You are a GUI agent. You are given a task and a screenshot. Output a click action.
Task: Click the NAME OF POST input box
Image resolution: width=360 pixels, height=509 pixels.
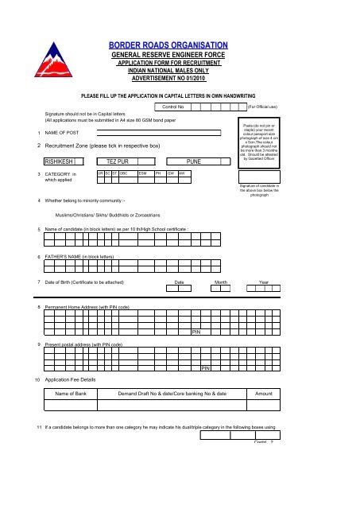pos(165,133)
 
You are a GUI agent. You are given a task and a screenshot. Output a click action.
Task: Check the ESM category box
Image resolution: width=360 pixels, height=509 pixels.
pos(144,173)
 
